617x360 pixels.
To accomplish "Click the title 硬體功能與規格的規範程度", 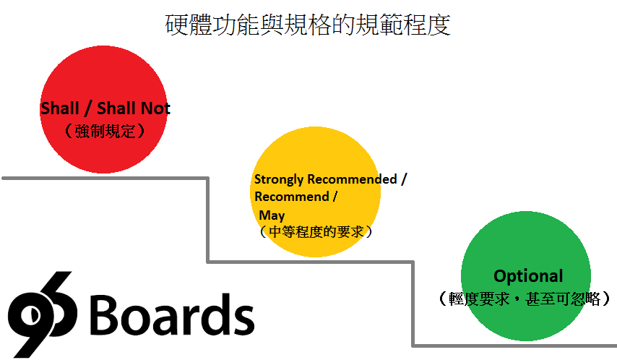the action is (x=308, y=25).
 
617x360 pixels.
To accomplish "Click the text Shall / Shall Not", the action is (x=105, y=108).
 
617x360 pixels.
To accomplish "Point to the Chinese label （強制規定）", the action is (x=105, y=131).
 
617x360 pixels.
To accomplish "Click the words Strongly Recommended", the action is (x=326, y=179).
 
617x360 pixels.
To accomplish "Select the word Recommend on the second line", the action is (x=292, y=197).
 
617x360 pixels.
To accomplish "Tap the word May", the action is (x=272, y=215).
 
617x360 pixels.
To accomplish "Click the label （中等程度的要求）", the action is (x=316, y=231).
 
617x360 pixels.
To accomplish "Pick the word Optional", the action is (x=528, y=276).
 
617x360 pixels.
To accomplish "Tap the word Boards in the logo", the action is (x=173, y=314).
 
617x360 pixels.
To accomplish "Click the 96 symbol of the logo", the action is (x=42, y=314).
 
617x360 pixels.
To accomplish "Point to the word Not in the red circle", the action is (x=156, y=108).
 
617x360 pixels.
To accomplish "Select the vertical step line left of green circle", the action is (x=413, y=304).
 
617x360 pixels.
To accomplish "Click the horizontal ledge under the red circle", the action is (x=105, y=179).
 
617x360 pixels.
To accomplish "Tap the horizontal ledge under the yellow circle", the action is (x=311, y=262).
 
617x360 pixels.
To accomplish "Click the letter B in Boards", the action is (x=103, y=314).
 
